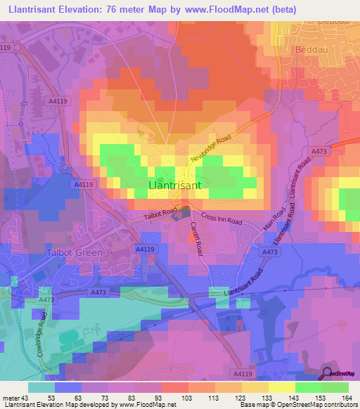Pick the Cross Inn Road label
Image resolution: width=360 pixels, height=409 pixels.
pyautogui.click(x=221, y=219)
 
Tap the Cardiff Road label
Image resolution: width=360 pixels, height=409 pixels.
pyautogui.click(x=195, y=238)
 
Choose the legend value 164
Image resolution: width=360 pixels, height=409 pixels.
pyautogui.click(x=345, y=397)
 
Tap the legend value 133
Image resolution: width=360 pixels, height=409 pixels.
pyautogui.click(x=265, y=397)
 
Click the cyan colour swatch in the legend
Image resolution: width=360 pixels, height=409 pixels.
pyautogui.click(x=41, y=387)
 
